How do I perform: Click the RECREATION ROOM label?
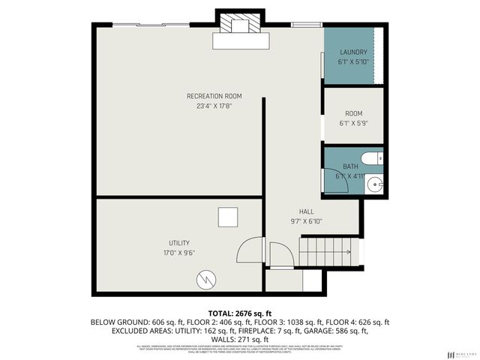pos(214,95)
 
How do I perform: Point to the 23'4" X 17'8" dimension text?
pos(214,106)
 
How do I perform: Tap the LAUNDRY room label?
pos(352,52)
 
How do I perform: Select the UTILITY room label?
pos(178,242)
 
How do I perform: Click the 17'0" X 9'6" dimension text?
pos(178,253)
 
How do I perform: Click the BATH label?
pos(351,166)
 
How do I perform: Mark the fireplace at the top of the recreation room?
pos(239,31)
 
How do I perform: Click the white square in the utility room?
pos(228,217)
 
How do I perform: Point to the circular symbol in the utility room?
pos(205,280)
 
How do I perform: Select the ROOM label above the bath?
pos(353,112)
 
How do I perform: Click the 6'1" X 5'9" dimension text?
pos(353,123)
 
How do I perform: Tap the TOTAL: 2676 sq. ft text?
pos(240,312)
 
